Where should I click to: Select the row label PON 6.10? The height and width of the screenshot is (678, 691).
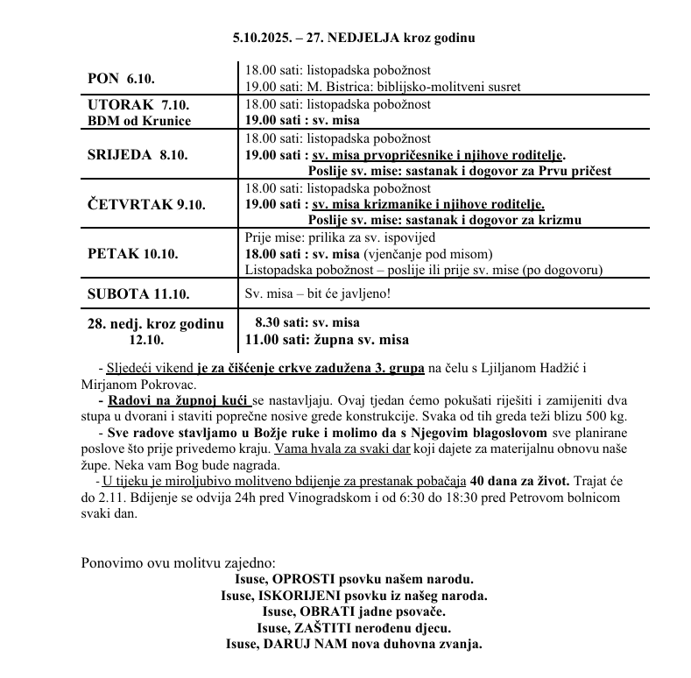click(121, 78)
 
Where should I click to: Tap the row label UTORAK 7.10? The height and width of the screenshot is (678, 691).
click(138, 104)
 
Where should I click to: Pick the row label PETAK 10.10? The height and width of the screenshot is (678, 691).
click(133, 253)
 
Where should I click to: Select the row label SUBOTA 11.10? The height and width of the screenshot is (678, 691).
click(138, 293)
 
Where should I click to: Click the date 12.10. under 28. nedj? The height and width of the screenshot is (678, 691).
click(147, 340)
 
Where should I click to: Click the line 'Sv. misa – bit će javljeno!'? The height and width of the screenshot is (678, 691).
click(317, 293)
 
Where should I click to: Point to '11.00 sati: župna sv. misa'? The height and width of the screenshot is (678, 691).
click(327, 340)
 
